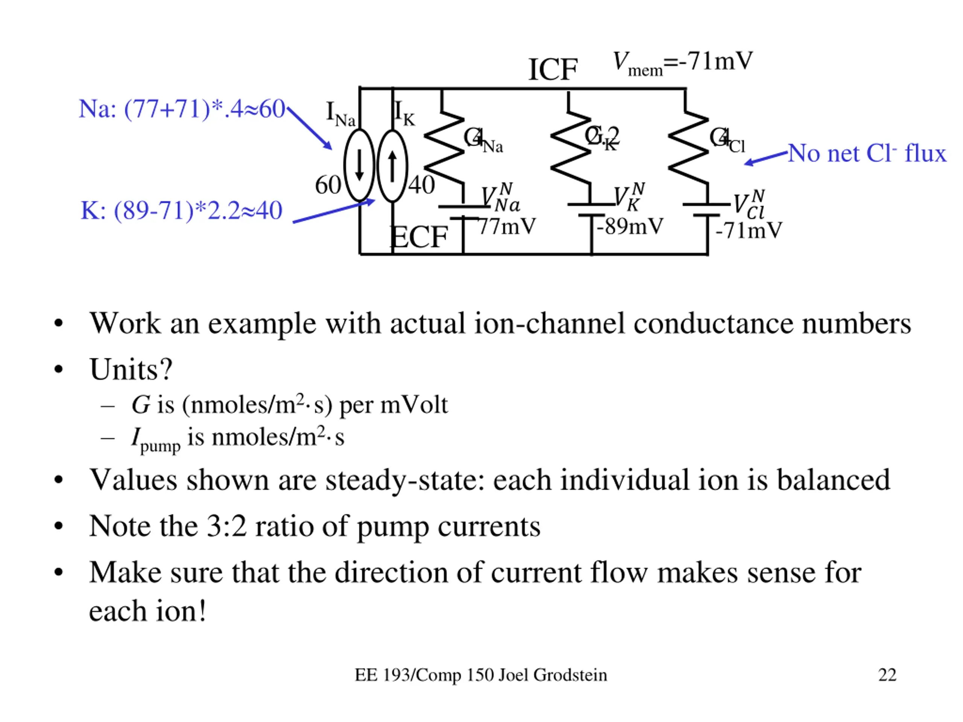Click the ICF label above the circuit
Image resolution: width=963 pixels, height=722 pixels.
[553, 70]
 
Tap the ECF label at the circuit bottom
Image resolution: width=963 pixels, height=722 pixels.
[418, 237]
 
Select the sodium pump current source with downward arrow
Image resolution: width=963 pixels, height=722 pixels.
[359, 165]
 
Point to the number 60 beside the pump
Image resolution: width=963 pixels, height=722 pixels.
[328, 185]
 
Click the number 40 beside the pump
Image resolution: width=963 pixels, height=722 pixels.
[421, 185]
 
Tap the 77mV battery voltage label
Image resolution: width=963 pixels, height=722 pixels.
[507, 226]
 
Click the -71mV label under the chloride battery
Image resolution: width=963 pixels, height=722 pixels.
[748, 230]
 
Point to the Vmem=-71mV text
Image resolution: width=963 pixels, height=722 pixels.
[682, 62]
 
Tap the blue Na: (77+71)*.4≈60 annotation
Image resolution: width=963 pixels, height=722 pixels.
[182, 109]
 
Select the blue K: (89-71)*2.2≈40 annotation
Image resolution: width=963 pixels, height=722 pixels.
[182, 211]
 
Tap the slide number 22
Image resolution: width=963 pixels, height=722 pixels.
[887, 675]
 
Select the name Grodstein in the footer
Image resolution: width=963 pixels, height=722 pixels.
[570, 675]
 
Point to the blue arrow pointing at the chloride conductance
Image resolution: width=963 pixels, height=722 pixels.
[766, 158]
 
